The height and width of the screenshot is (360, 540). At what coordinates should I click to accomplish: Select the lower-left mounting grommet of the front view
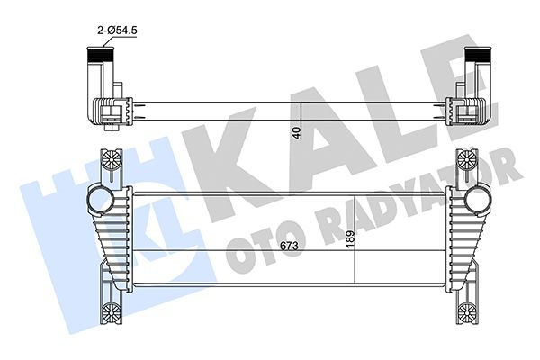pyautogui.click(x=111, y=312)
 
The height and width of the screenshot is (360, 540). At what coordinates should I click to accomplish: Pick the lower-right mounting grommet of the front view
pyautogui.click(x=466, y=312)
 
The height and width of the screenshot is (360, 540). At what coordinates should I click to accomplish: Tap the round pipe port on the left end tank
pyautogui.click(x=95, y=198)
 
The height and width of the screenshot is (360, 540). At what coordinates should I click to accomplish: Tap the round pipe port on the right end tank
pyautogui.click(x=481, y=198)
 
